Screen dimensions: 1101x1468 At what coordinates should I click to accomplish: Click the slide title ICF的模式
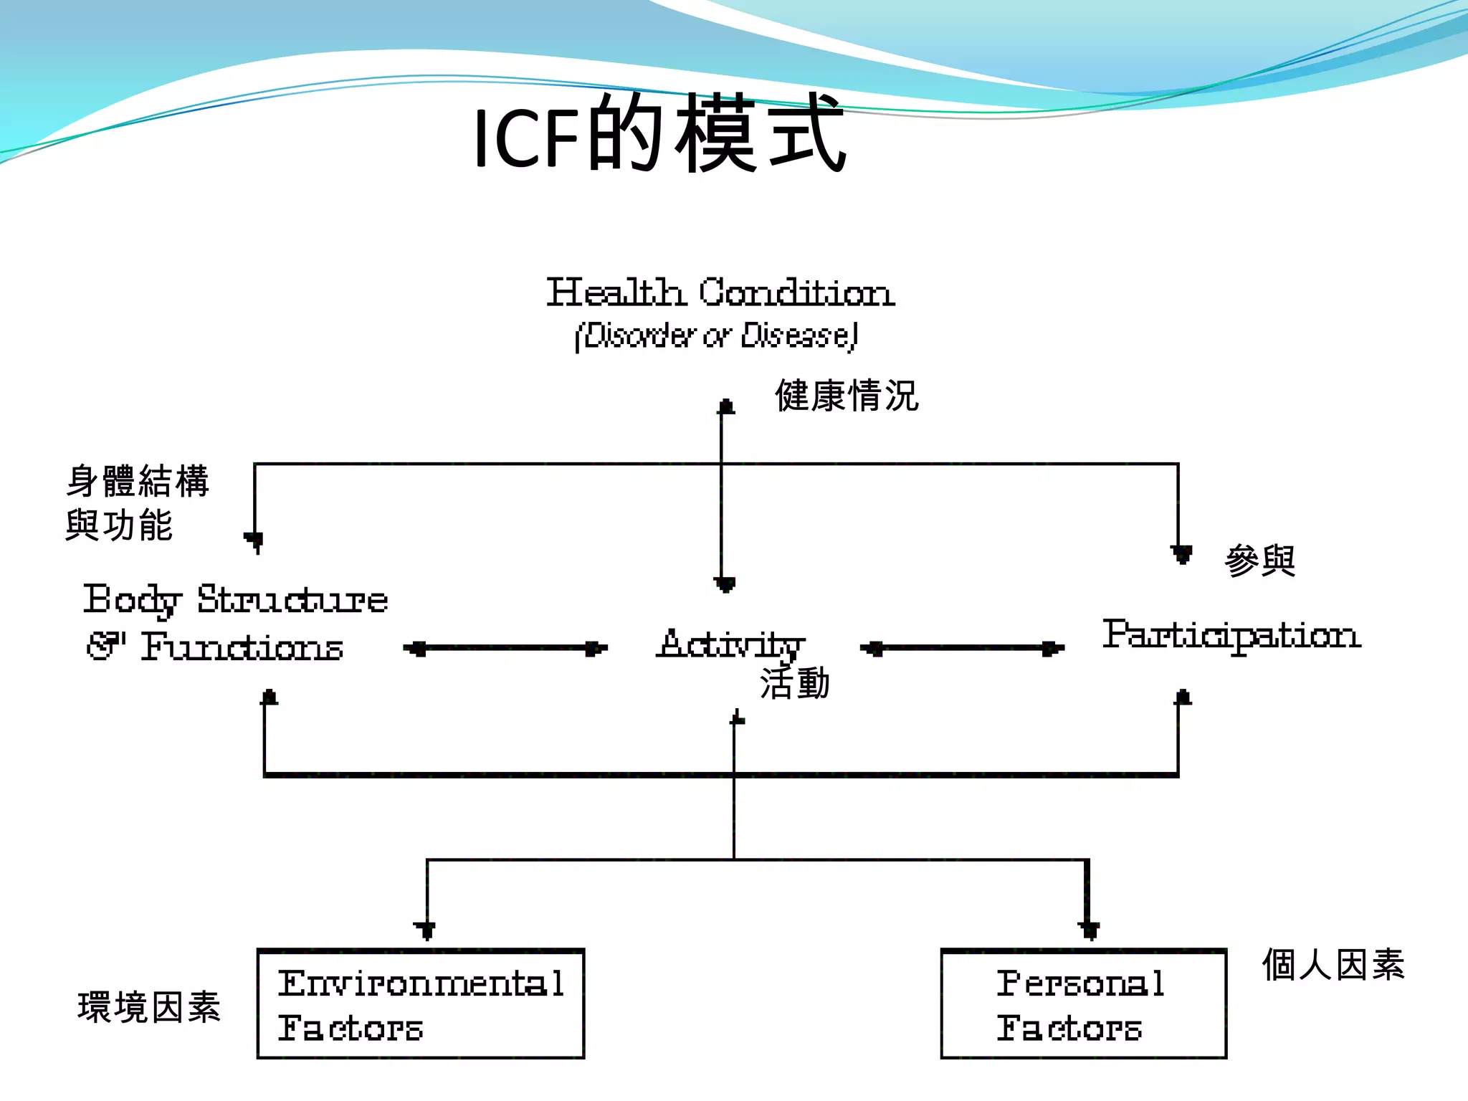pos(659,135)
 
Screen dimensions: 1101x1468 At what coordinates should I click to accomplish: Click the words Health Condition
pos(720,292)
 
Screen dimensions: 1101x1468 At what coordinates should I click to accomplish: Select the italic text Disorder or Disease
pos(717,335)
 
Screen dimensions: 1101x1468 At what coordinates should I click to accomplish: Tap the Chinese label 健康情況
pos(846,396)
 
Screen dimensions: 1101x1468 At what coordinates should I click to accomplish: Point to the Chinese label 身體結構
pos(138,481)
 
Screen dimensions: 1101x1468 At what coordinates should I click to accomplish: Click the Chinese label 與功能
pos(119,525)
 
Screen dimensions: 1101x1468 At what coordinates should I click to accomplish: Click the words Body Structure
pos(235,600)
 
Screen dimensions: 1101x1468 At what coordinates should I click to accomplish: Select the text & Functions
pos(215,647)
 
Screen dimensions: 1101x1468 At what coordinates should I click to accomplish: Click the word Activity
pos(731,644)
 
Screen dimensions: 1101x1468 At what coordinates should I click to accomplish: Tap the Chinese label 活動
pos(794,683)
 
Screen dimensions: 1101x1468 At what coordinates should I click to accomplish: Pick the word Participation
pos(1231,635)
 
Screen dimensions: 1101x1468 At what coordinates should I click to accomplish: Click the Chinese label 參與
pos(1259,561)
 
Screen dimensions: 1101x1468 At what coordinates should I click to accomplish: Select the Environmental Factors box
pos(421,1004)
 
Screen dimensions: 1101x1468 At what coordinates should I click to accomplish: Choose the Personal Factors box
pos(1083,1004)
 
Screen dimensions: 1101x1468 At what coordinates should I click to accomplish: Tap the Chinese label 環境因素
pos(149,1007)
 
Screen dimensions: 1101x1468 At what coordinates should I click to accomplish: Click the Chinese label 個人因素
pos(1333,964)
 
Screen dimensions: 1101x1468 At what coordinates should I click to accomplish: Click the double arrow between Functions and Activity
pos(505,649)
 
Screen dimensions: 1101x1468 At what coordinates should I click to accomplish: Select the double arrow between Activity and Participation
pos(962,649)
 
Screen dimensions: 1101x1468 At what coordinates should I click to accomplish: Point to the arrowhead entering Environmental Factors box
pos(425,930)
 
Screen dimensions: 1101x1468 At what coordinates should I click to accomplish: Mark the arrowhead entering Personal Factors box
pos(1089,930)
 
